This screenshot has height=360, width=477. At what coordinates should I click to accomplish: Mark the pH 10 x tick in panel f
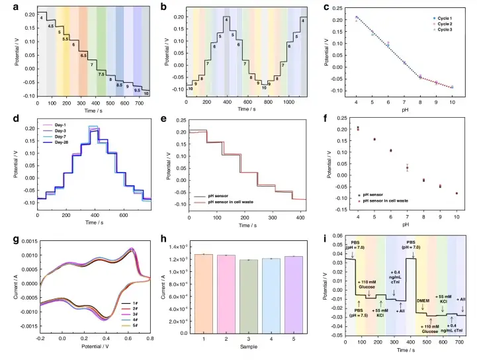click(456, 216)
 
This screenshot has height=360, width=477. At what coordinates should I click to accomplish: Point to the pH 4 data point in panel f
click(359, 128)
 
